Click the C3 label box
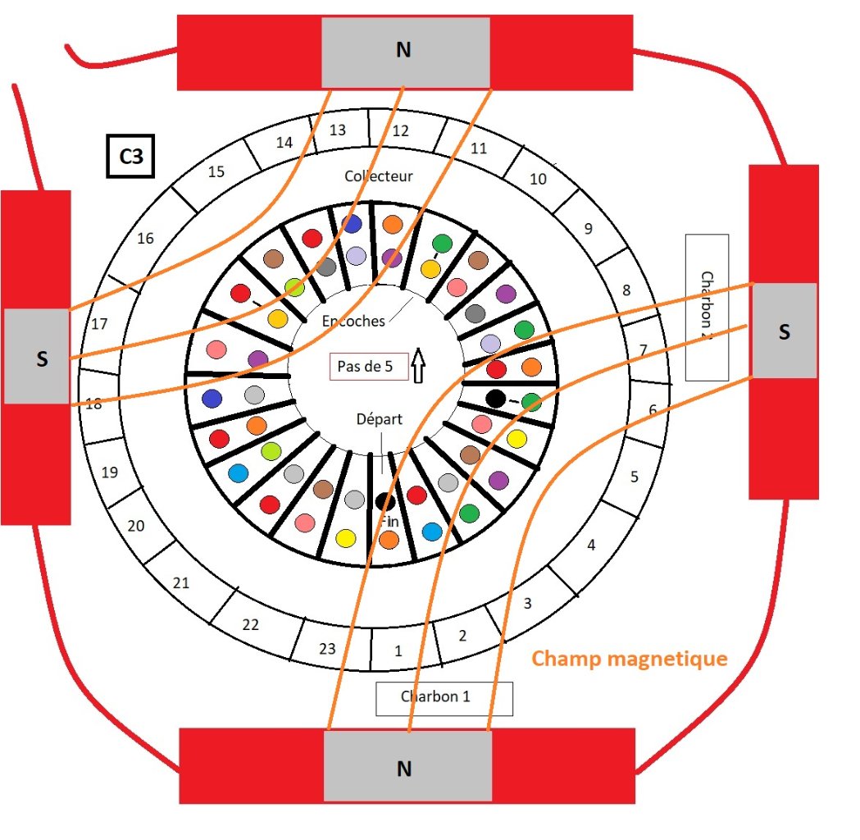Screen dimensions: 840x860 click(131, 156)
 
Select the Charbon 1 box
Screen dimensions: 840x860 click(444, 697)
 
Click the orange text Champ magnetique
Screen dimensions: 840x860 click(630, 658)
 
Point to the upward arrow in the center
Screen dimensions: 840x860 click(418, 366)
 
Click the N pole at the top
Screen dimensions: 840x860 click(404, 51)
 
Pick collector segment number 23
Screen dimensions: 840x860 click(327, 648)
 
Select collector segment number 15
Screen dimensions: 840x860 click(216, 172)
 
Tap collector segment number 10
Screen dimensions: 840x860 click(538, 179)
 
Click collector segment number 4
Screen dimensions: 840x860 click(591, 544)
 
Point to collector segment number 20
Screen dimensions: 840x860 click(136, 526)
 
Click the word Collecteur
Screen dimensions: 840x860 click(379, 176)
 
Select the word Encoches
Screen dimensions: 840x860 click(353, 321)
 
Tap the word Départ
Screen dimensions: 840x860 click(380, 419)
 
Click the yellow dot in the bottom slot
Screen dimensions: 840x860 click(346, 538)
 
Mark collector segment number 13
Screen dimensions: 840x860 click(337, 130)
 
